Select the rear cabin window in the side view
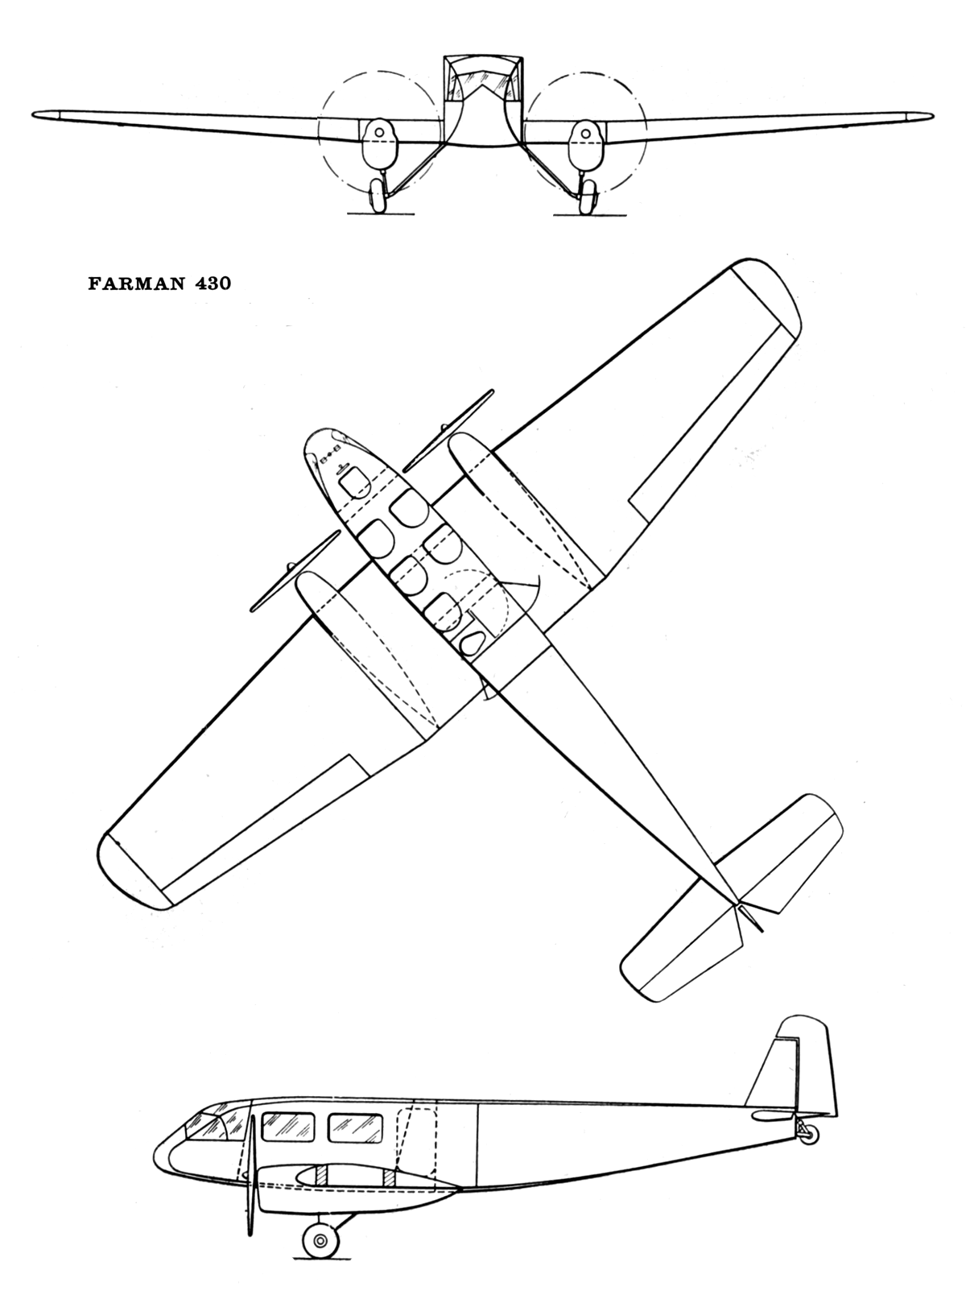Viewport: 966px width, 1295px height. pos(355,1127)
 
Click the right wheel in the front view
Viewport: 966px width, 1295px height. pos(588,196)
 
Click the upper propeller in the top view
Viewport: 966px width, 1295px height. pos(447,431)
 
